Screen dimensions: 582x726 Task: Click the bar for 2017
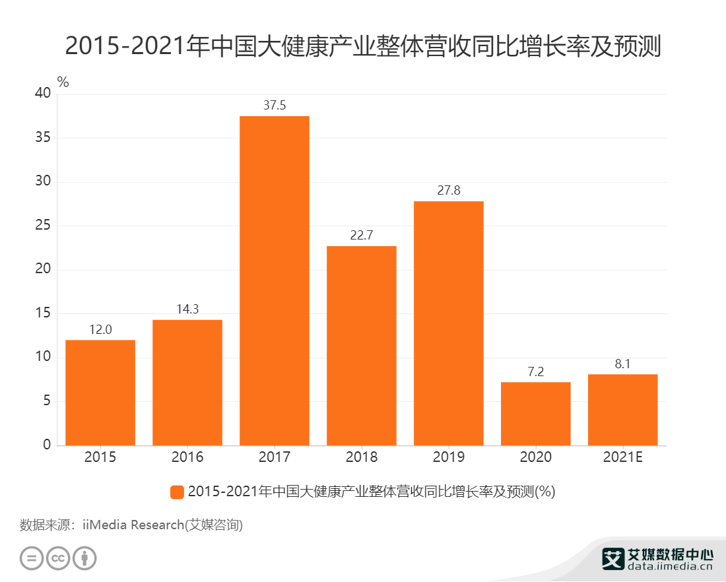275,280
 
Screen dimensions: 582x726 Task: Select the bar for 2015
100,393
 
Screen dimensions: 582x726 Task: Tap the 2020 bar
535,414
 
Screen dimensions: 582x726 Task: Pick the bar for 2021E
622,410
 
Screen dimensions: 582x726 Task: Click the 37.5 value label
275,106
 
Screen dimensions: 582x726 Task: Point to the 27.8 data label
449,191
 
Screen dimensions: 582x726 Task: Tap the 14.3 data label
187,309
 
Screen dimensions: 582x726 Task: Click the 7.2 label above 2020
535,372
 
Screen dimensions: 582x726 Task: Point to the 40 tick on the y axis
43,94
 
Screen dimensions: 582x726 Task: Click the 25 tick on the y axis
43,226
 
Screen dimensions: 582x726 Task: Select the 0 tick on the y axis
47,445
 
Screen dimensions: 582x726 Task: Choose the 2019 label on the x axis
449,457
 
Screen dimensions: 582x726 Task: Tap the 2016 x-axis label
187,457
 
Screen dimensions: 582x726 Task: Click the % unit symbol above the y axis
63,82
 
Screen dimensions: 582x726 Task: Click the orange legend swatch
176,492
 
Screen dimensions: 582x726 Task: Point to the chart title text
363,46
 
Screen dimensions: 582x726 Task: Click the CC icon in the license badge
58,558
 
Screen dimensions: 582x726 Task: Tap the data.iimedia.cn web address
669,566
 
